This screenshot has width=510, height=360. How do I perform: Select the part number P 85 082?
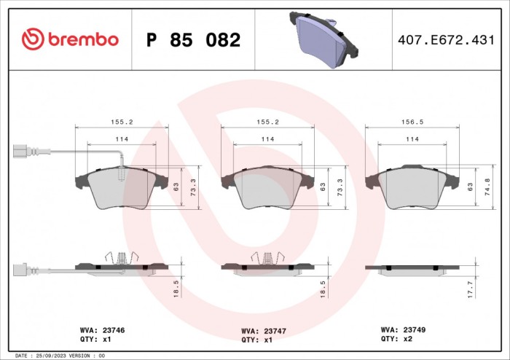pos(193,40)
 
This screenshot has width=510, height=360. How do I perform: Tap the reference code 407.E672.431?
pos(452,40)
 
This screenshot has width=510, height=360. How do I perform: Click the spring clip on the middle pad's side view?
pos(267,257)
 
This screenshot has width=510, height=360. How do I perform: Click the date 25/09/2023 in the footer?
pos(54,355)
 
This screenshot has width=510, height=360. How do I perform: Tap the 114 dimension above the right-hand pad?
pos(412,138)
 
